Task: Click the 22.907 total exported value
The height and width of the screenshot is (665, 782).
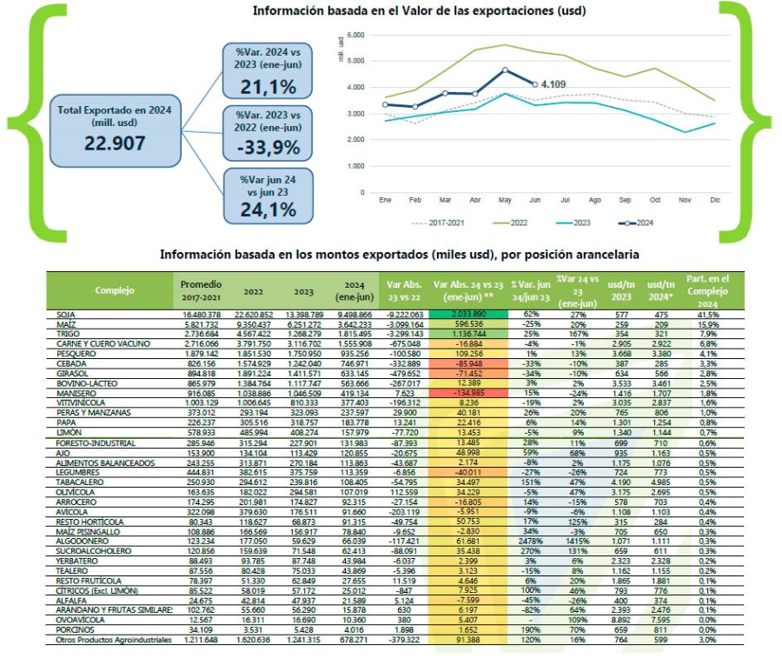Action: tap(115, 143)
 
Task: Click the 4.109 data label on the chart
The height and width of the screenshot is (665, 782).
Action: tap(553, 84)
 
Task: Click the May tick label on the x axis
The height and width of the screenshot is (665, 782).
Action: tap(505, 200)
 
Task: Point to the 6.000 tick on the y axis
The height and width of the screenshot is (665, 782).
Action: tap(355, 34)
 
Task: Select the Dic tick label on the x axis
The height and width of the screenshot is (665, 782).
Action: tap(714, 200)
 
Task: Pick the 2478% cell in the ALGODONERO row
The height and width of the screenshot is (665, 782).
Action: tap(531, 540)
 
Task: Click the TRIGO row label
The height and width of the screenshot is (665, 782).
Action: tap(67, 333)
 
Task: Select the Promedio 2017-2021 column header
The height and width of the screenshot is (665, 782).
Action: tap(202, 289)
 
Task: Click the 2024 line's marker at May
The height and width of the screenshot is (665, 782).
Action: tap(505, 70)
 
